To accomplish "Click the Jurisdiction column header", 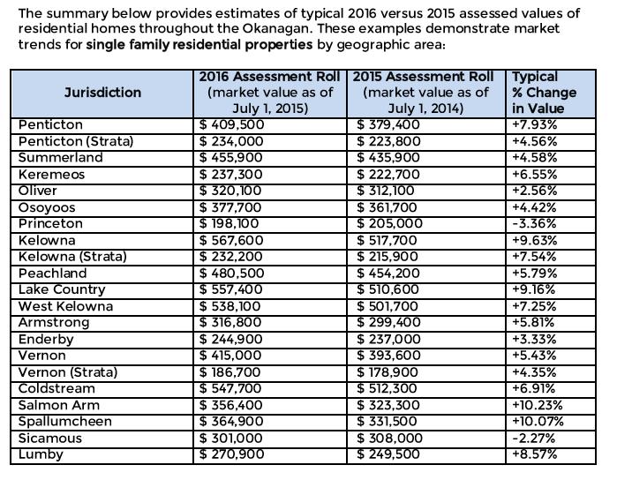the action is (102, 93).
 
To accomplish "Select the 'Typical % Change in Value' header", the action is (544, 93).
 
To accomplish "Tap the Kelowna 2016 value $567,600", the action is (231, 240).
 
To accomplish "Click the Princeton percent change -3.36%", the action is (534, 223).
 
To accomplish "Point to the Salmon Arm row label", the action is (58, 405).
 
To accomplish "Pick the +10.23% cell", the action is (538, 405).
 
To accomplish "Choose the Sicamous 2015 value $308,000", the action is (389, 438).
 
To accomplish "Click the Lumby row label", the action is (41, 454).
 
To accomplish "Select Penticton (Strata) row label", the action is (76, 141).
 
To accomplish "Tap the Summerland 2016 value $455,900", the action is (230, 157).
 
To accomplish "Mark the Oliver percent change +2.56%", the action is (534, 191).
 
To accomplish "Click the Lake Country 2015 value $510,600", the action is (388, 289).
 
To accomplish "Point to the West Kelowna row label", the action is (65, 306).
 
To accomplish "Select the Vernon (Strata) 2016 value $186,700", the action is (229, 371).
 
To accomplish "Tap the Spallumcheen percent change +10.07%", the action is (538, 422).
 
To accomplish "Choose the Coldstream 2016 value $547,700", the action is (230, 388).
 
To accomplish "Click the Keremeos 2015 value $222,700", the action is (388, 174).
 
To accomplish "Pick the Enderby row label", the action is (46, 339).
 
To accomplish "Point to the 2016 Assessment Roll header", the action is (269, 93).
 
